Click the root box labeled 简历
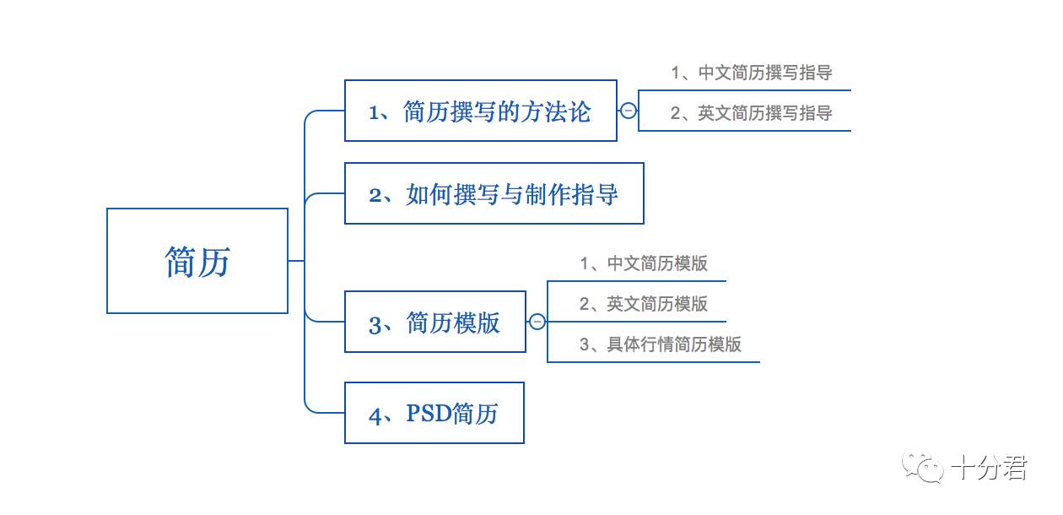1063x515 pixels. coord(197,261)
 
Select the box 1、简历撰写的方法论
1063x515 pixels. coord(480,111)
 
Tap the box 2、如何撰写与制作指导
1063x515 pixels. coord(494,193)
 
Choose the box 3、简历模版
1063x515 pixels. coord(434,322)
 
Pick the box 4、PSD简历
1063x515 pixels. coord(434,413)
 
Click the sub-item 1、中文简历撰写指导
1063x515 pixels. coord(752,73)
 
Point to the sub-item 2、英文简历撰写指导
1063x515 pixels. coord(752,113)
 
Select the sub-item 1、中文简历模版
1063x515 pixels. coord(644,263)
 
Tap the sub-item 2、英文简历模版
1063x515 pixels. coord(644,304)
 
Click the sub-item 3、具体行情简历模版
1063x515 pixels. coord(661,344)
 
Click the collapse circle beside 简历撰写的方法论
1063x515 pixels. coord(628,111)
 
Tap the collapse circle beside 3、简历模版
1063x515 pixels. coord(537,322)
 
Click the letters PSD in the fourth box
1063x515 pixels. coord(428,413)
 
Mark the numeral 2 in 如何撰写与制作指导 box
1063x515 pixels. coord(376,195)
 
